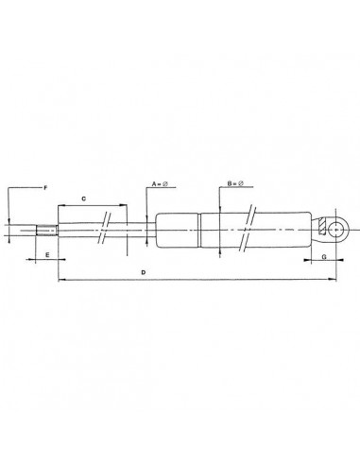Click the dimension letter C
click(x=84, y=198)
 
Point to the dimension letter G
click(x=324, y=256)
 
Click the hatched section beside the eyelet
click(x=324, y=228)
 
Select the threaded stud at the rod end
click(x=46, y=228)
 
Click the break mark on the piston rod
click(x=107, y=228)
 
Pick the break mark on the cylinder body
click(x=249, y=227)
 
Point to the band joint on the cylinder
click(x=199, y=228)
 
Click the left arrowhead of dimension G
click(x=306, y=262)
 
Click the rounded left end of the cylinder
click(x=158, y=228)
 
